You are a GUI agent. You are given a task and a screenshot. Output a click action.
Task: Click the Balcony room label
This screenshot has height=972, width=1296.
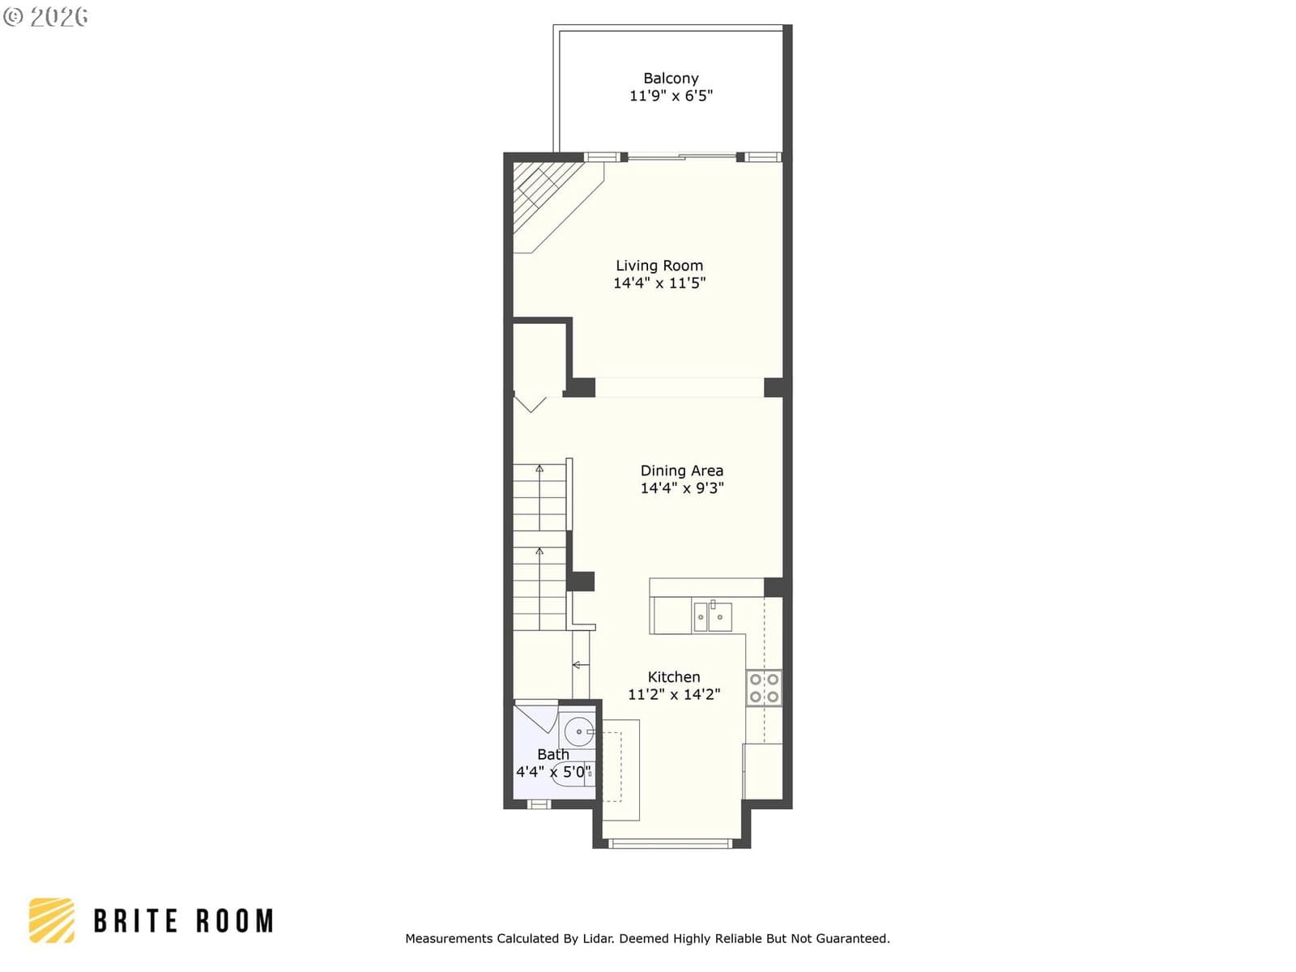tap(671, 79)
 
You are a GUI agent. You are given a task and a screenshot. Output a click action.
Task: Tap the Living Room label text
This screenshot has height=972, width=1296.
tap(659, 266)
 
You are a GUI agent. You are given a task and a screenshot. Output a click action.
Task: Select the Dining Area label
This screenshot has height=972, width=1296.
tap(682, 471)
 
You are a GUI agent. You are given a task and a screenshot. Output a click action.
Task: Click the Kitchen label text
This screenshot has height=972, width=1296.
tap(674, 677)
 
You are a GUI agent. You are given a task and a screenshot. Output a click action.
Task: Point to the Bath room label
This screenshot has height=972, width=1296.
tap(553, 754)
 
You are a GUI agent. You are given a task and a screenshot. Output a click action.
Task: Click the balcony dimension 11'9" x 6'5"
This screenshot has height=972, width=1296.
tap(671, 96)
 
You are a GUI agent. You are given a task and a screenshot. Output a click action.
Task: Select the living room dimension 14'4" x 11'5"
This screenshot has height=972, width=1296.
tap(659, 283)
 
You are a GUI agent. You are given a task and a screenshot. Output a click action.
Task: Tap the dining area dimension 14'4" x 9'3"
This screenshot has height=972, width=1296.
tap(682, 488)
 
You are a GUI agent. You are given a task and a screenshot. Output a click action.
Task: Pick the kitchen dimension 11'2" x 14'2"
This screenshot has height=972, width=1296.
tap(674, 694)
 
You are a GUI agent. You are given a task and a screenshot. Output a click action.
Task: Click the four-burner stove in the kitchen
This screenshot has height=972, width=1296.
tap(764, 688)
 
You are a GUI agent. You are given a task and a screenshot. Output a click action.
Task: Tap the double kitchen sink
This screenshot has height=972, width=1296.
tap(713, 616)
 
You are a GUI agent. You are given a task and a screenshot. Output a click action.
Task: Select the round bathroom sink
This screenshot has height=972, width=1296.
tap(579, 731)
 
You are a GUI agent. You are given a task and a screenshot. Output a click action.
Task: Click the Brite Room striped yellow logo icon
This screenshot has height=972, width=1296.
tap(52, 921)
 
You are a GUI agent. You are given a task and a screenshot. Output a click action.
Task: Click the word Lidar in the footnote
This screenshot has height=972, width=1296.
tap(598, 939)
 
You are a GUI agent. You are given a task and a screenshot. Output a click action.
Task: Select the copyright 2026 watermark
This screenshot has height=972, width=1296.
tap(45, 17)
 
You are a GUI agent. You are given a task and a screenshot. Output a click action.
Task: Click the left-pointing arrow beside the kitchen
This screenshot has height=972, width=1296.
tap(581, 665)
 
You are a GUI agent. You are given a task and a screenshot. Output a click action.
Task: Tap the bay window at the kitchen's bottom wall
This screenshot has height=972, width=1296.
tap(671, 843)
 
